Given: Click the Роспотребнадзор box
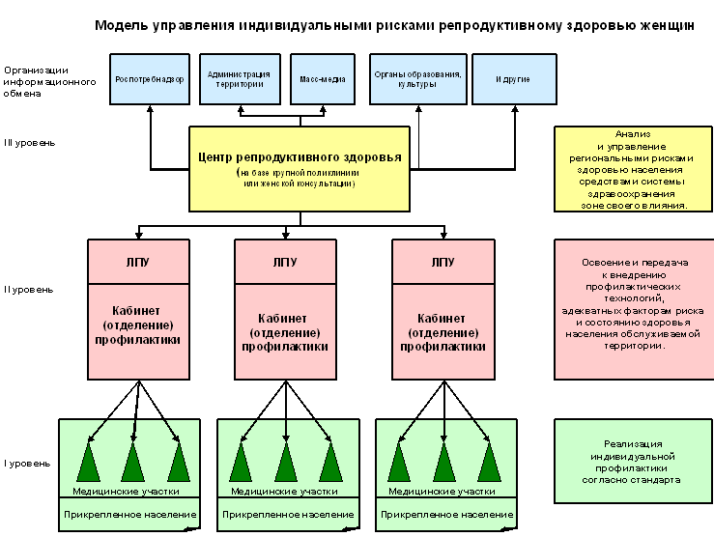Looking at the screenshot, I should pos(149,78).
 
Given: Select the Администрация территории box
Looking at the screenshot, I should pos(239,78).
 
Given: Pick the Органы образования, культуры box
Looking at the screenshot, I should pos(417,78).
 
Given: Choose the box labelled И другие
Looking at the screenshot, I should pos(513,78).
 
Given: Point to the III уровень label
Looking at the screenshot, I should pos(30,143).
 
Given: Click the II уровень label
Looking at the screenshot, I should pos(28,289).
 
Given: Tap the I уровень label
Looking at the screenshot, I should pos(26,464).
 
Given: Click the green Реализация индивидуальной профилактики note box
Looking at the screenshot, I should pos(634,461).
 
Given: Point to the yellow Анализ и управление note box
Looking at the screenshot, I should pos(634,169).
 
